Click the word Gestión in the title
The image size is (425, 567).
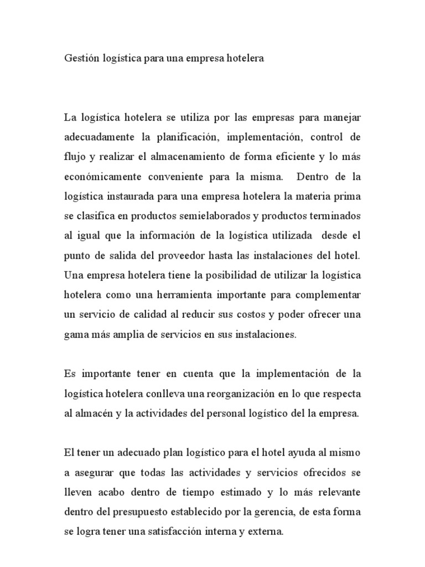pos(81,58)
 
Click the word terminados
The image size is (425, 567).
pos(330,216)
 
